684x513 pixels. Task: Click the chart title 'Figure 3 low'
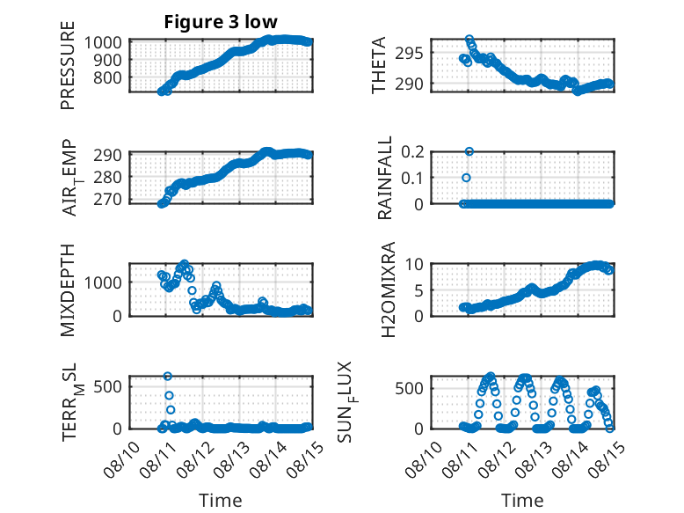[221, 22]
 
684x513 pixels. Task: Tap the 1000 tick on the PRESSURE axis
[103, 43]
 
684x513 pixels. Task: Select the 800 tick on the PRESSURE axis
[108, 78]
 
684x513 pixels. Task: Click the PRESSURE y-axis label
[68, 65]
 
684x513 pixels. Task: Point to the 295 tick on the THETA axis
[409, 54]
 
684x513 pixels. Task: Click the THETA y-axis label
[379, 65]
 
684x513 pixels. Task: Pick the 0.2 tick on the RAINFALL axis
[412, 152]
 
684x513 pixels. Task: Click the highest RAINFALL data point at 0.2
[469, 151]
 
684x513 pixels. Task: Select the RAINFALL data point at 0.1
[466, 178]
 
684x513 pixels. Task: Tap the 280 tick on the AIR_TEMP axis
[108, 178]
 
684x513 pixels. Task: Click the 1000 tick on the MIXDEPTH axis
[103, 282]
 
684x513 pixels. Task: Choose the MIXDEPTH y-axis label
[68, 289]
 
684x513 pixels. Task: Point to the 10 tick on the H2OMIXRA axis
[414, 264]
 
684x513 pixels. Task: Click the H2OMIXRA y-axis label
[388, 289]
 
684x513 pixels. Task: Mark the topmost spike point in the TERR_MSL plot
[168, 376]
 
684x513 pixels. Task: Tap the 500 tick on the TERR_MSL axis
[108, 386]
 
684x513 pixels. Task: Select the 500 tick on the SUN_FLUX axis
[409, 389]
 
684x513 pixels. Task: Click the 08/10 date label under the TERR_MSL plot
[122, 459]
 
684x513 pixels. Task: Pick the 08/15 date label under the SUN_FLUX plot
[607, 459]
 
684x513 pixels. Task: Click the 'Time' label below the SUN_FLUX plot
[522, 501]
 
